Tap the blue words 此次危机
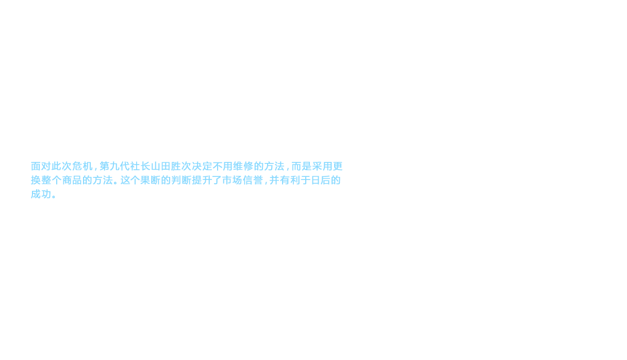point(67,167)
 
